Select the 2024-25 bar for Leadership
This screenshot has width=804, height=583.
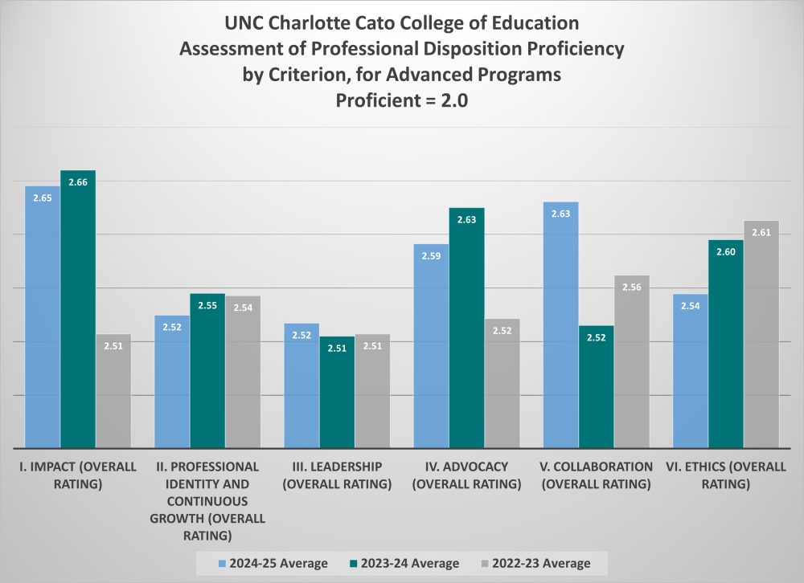pyautogui.click(x=301, y=385)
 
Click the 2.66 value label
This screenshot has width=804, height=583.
pyautogui.click(x=78, y=182)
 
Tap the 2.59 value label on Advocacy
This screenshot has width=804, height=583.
pyautogui.click(x=431, y=256)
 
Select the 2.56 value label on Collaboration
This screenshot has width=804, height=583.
pyautogui.click(x=631, y=287)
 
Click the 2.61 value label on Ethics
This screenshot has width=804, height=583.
pyautogui.click(x=761, y=232)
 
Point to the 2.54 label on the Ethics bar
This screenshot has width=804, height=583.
pyautogui.click(x=691, y=306)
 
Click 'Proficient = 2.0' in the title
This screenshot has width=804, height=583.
pyautogui.click(x=401, y=103)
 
